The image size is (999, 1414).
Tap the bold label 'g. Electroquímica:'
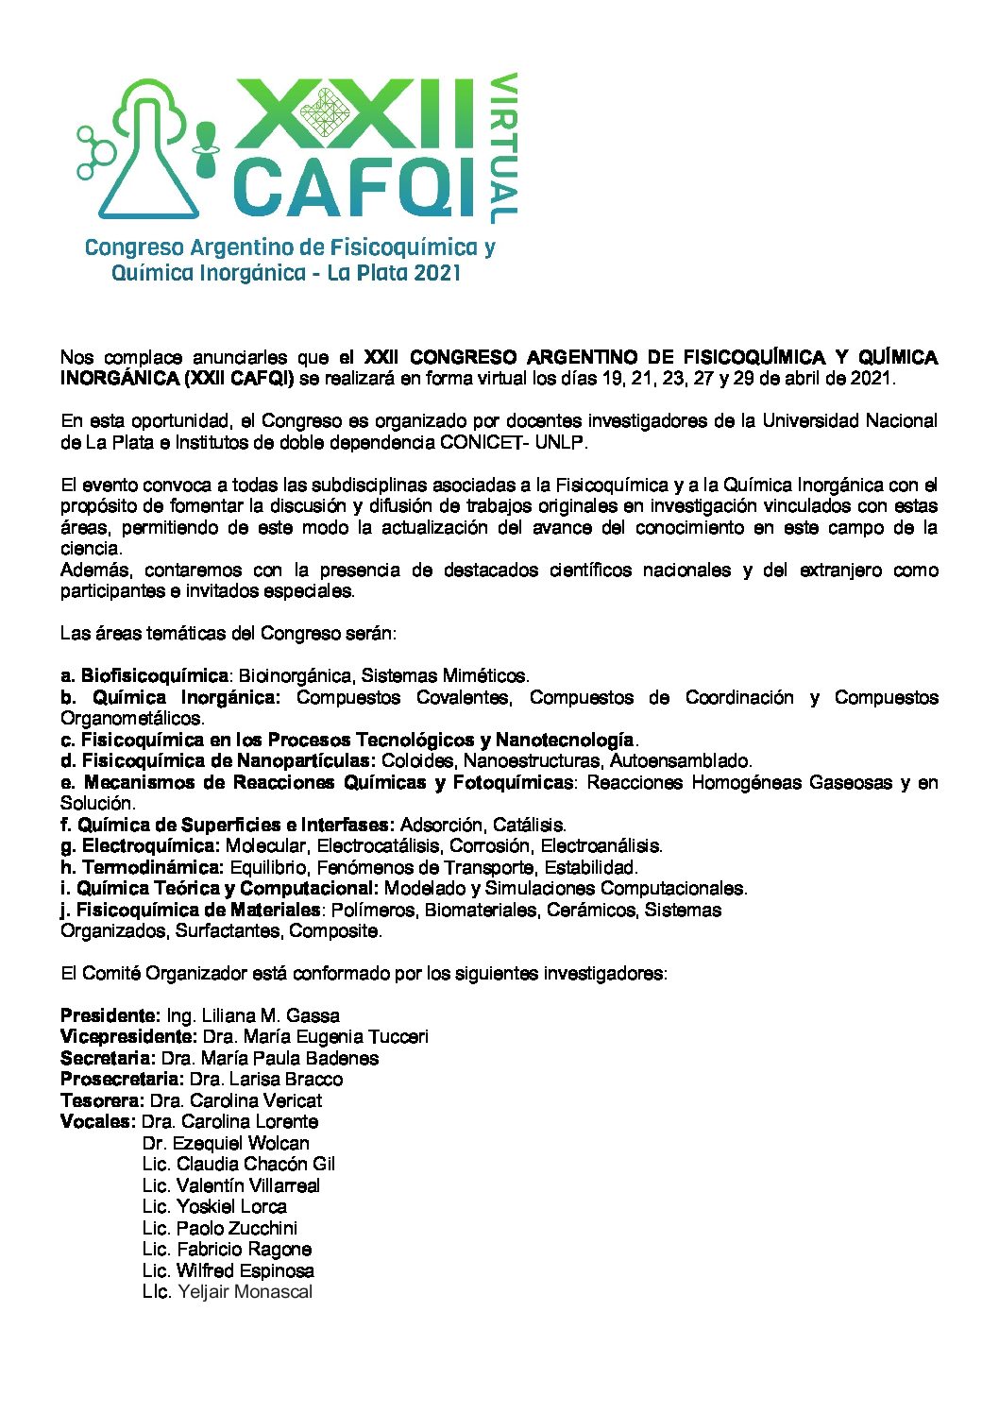140,846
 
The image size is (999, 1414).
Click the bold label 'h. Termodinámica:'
142,867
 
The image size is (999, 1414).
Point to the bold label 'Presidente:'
110,1016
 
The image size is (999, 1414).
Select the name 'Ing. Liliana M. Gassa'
253,1016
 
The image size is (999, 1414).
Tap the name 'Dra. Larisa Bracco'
266,1080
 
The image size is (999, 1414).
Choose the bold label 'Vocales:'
97,1122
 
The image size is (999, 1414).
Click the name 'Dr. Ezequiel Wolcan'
226,1144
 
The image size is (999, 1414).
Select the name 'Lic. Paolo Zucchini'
220,1229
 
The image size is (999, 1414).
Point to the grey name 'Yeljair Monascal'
245,1292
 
